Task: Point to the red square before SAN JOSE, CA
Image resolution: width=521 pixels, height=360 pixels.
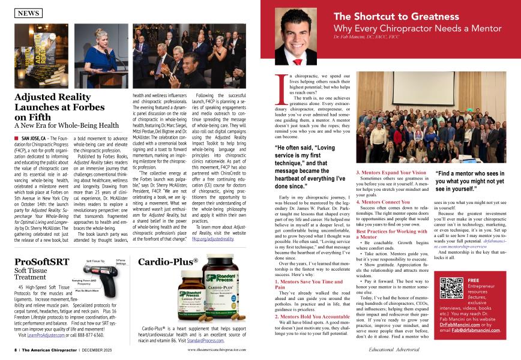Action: (x=16, y=138)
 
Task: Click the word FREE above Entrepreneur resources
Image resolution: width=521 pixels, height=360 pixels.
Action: (x=473, y=280)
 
